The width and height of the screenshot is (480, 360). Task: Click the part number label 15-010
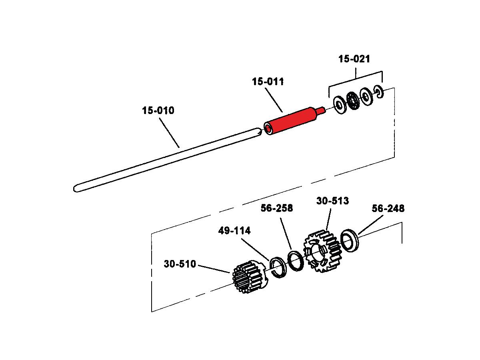pos(158,110)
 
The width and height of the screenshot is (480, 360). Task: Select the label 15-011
pos(268,82)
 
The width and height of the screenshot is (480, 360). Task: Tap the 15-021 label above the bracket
pos(354,59)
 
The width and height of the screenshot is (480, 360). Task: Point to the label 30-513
pos(332,201)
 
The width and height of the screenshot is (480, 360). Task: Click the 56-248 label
pos(388,208)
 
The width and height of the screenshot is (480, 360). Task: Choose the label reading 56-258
pos(277,208)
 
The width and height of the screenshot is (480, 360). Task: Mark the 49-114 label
pos(234,231)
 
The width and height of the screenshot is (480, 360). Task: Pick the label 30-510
pos(180,264)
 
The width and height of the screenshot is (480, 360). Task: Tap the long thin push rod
pos(167,160)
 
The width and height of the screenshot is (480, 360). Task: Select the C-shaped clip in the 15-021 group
pos(379,92)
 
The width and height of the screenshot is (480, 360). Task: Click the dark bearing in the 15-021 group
pos(353,100)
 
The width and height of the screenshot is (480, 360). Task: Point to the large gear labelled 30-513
pos(322,251)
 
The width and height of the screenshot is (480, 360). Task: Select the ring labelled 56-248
pos(350,240)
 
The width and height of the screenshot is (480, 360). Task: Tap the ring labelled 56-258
pos(296,262)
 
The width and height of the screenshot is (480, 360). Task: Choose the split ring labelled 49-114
pos(278,267)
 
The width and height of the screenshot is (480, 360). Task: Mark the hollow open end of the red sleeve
pos(268,129)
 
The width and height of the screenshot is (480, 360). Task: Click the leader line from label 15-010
pos(169,133)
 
